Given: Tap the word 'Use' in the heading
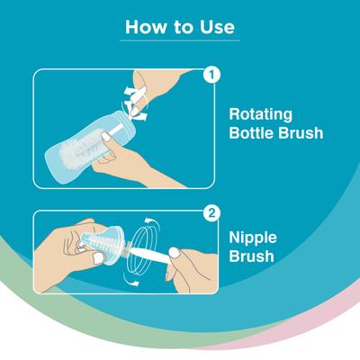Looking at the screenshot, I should click(218, 27).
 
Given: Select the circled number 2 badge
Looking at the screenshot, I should click(211, 216).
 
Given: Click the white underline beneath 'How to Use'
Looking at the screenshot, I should click(180, 40).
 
